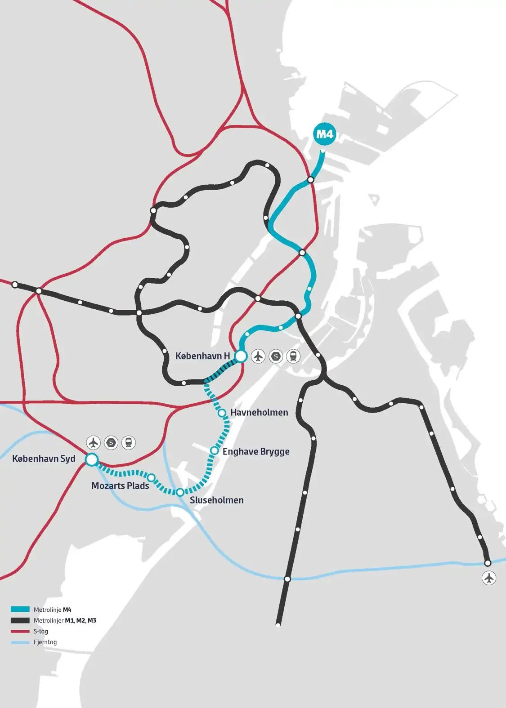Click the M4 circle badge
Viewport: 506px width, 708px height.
(x=325, y=134)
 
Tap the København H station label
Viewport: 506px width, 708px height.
(x=202, y=356)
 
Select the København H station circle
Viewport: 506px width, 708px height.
(x=241, y=356)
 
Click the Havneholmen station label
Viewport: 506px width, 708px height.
(x=259, y=412)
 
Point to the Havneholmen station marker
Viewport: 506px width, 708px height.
(x=222, y=413)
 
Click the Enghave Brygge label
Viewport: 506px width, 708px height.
(x=256, y=451)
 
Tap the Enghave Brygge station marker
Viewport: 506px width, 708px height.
(x=215, y=450)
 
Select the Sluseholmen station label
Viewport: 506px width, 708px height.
(x=217, y=500)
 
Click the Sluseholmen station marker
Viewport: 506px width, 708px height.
(x=180, y=492)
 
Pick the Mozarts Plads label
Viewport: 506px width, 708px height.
(x=120, y=485)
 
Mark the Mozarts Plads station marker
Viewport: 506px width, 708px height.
(x=152, y=477)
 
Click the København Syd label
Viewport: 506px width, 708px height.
(x=44, y=459)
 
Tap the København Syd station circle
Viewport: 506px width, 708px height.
(x=91, y=459)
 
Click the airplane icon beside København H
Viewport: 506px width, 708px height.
(x=258, y=356)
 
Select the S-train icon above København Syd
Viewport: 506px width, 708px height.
(x=111, y=443)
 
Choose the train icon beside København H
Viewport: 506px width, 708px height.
(x=293, y=356)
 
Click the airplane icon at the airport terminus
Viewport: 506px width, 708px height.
(x=489, y=578)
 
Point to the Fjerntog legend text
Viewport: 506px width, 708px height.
(x=45, y=642)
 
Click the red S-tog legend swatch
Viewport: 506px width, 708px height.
(x=20, y=631)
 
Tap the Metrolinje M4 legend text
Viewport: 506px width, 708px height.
(x=52, y=610)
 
